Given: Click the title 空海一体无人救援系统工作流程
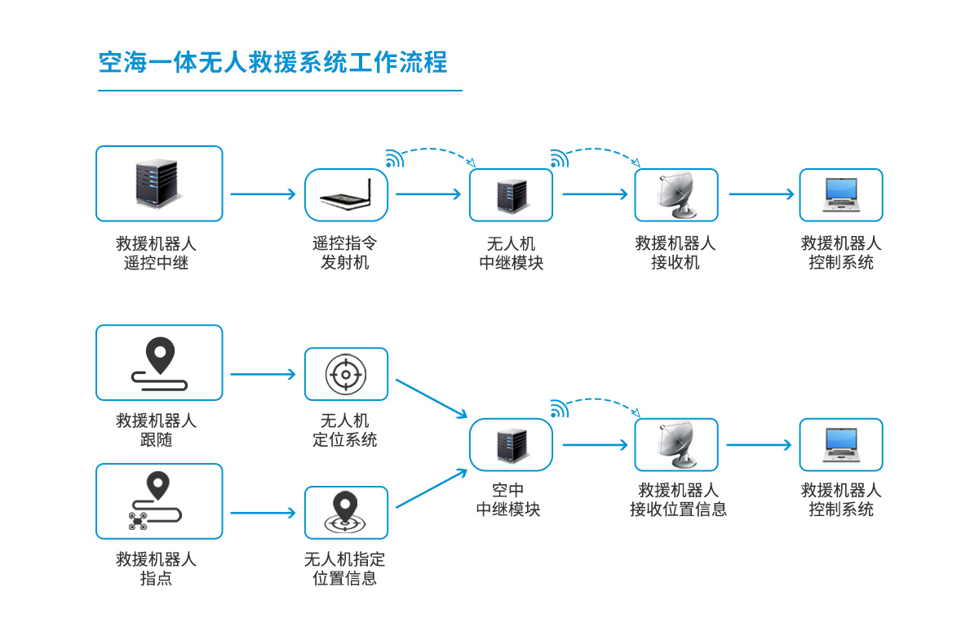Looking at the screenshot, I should coord(273,63).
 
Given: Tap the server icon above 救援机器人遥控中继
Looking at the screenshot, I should coord(158,183).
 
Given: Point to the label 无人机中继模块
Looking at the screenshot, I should coord(511,253).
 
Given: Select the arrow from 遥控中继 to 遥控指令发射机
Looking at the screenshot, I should coord(263,194).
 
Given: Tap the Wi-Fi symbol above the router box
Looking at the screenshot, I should coord(394,159).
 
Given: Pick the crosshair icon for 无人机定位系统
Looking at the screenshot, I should coord(346,374).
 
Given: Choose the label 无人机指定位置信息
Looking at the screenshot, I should coord(345,569).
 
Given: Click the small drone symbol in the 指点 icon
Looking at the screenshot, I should coord(137,521).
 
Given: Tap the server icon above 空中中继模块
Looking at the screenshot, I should coord(511,444).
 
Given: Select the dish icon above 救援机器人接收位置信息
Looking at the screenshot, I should coord(676,444).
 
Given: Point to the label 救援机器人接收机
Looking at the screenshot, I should coord(676,253).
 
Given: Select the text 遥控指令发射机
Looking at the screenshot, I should coord(345,253).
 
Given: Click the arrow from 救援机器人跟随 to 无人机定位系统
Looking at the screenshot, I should coord(263,375).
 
